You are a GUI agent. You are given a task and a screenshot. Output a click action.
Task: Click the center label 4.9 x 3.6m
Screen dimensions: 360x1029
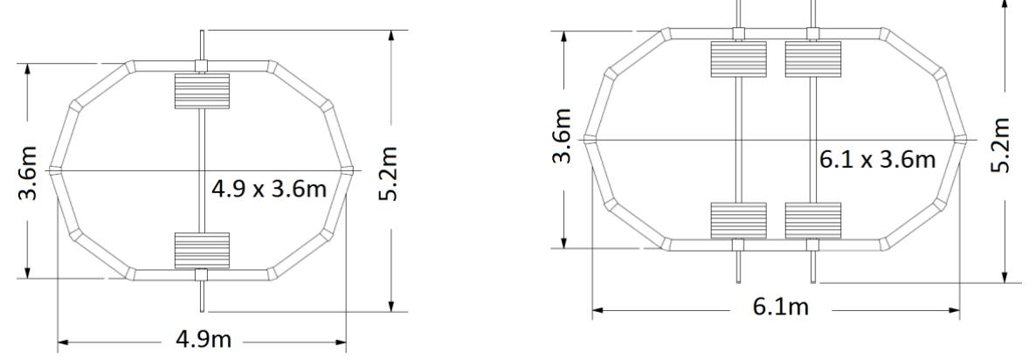point(267,189)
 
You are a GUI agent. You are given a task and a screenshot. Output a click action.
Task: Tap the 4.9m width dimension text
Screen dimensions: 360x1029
point(204,340)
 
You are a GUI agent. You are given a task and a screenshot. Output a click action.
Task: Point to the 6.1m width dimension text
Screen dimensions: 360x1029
point(777,309)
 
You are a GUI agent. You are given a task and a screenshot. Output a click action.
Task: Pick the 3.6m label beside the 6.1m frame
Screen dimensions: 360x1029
point(565,138)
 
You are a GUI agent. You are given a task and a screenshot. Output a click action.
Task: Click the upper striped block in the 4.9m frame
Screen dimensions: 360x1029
point(202,91)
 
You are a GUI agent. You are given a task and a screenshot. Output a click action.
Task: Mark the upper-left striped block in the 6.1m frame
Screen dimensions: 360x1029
point(738,59)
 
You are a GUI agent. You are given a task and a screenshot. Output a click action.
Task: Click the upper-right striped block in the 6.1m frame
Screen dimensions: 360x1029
point(812,59)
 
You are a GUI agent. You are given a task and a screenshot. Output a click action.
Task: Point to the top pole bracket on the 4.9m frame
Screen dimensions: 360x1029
point(202,66)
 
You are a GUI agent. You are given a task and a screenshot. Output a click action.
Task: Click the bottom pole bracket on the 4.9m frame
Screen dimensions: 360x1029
point(202,275)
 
